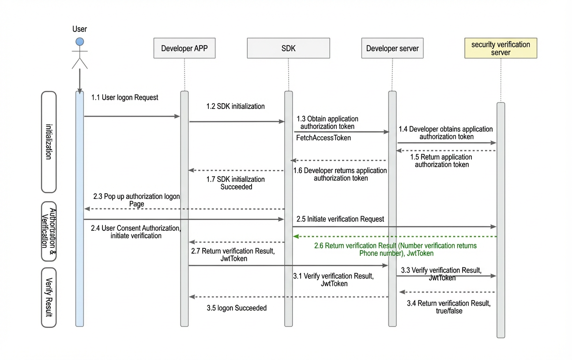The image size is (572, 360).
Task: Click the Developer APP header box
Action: [x=184, y=48]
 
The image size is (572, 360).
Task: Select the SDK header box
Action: [x=288, y=48]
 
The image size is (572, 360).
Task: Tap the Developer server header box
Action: [x=392, y=48]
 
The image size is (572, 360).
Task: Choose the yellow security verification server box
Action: [x=500, y=48]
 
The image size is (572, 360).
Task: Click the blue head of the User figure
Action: [x=80, y=41]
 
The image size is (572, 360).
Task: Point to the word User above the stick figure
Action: [x=80, y=29]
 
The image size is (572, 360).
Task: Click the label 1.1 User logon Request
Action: [x=124, y=97]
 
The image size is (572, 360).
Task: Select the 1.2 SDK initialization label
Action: [x=235, y=106]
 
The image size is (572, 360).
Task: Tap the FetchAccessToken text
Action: [x=323, y=138]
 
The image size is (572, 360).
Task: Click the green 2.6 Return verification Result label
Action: [x=395, y=249]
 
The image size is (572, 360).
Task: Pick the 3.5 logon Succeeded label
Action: [x=237, y=308]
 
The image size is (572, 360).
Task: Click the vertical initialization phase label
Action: [x=49, y=142]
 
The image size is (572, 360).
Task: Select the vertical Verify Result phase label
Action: [x=49, y=297]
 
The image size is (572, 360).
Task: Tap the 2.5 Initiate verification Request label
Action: [x=340, y=219]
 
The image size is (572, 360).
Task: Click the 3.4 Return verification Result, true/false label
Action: [x=449, y=307]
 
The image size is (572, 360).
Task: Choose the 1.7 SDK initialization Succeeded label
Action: [x=235, y=183]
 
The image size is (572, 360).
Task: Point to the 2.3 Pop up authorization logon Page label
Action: [x=136, y=200]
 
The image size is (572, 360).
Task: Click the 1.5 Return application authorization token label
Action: [x=441, y=161]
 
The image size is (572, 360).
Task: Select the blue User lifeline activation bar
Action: [x=80, y=209]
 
